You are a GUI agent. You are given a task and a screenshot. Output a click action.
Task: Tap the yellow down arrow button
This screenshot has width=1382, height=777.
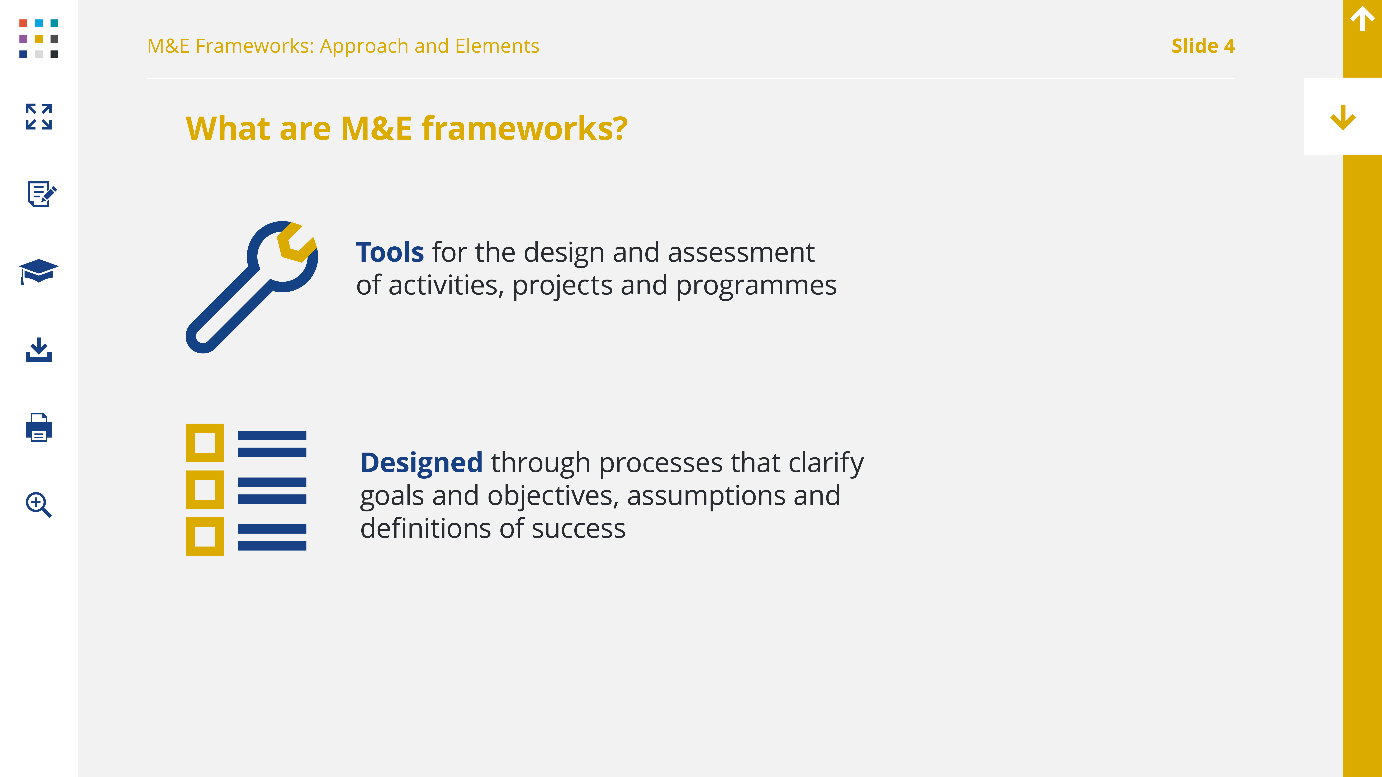[x=1343, y=117]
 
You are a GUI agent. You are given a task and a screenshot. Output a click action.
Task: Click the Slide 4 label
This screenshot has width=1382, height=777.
[x=1203, y=46]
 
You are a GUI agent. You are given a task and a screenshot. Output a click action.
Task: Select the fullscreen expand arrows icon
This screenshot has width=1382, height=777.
[x=39, y=116]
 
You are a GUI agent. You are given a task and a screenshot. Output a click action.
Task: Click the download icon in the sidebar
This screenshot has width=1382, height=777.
[x=39, y=350]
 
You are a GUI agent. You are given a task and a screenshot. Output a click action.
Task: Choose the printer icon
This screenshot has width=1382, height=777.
[x=39, y=427]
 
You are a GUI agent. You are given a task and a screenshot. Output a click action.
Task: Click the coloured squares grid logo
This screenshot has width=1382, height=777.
[x=39, y=39]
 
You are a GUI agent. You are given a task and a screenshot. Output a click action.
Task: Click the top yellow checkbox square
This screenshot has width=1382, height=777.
[x=205, y=443]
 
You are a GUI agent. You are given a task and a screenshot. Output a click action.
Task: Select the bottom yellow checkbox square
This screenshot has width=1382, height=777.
[x=205, y=536]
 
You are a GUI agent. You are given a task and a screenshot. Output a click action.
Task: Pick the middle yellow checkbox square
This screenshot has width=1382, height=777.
[x=205, y=490]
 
